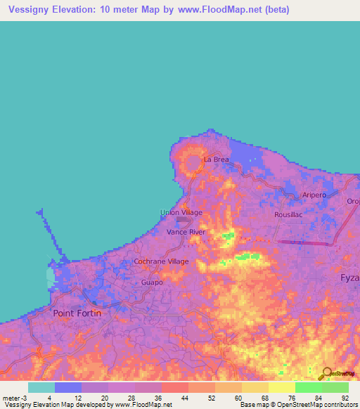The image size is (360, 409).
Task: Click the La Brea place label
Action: pos(217,160)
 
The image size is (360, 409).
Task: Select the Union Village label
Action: pos(181,212)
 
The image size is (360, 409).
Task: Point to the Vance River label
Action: pos(186,231)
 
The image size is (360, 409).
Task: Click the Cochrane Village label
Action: pos(162,261)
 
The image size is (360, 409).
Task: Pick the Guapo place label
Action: pos(152,282)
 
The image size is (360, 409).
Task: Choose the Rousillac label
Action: pos(288,215)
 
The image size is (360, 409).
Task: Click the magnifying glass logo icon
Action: pos(326,374)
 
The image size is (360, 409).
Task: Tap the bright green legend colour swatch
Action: pos(308,387)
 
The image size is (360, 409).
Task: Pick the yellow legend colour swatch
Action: pos(281,387)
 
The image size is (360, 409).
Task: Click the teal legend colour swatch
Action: pos(41,387)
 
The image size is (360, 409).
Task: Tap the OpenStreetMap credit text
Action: pos(316,405)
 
